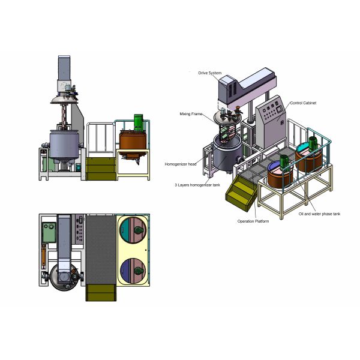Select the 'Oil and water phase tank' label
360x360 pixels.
[x=320, y=213]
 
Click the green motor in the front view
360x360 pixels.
[x=137, y=121]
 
